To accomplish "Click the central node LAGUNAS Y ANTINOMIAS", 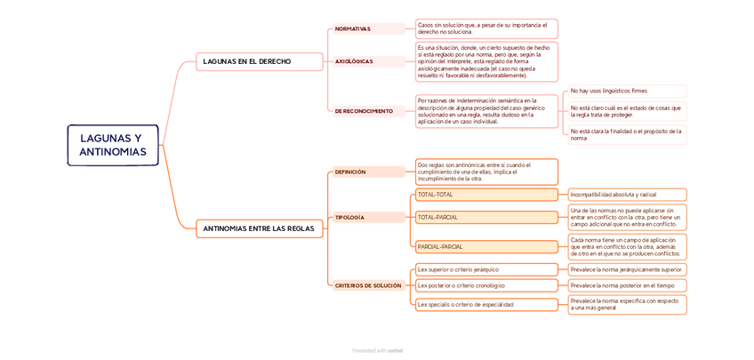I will tap(112, 145).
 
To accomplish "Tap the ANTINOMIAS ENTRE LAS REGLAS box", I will tap(258, 228).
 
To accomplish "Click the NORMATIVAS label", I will tap(353, 28).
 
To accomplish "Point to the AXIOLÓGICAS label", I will tap(354, 61).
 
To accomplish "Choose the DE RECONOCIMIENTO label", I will tap(364, 111).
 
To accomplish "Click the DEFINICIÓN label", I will tap(350, 172).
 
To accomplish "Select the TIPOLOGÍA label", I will tap(349, 217).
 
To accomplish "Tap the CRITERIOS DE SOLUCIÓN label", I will tap(368, 285).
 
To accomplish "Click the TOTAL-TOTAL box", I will tap(486, 195).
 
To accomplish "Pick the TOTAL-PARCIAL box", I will tap(486, 217).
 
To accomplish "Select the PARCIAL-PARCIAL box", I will tap(486, 246).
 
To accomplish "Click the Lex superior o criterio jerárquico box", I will tap(486, 269).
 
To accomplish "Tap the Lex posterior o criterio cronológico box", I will tap(486, 285).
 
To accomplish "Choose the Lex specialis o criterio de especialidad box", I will tap(486, 304).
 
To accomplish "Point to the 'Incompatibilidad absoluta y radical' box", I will tap(627, 195).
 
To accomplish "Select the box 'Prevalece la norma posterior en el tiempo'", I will tap(627, 285).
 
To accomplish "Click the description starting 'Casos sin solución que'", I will tap(486, 28).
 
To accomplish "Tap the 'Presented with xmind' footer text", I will tap(377, 350).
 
